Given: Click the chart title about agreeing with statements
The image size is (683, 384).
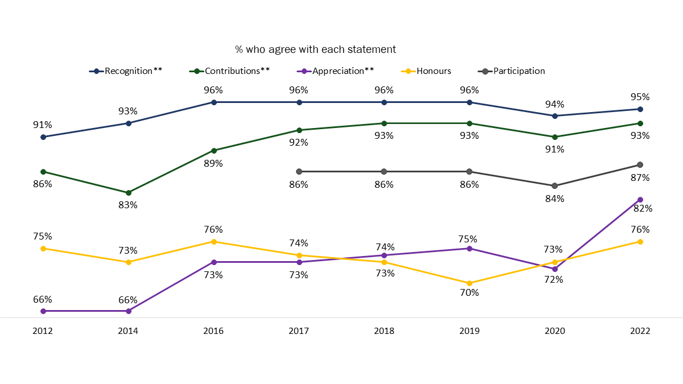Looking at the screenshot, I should pos(315,49).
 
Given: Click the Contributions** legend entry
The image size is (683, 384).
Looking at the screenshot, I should pos(237,71).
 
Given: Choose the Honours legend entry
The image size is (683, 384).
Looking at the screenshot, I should pos(434,71).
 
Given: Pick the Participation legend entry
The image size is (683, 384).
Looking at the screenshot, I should pos(519,71).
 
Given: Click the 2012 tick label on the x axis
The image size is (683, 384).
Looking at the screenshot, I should pos(43,331).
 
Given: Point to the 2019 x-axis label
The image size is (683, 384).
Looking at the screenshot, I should pos(469,331).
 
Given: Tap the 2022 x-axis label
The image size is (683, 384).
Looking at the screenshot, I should pos(640,331).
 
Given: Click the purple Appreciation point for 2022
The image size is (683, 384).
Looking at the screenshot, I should pos(640,200).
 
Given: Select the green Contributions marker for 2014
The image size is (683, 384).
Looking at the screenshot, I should pos(128,193).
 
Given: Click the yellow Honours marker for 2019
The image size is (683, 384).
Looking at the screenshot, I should pos(469,283).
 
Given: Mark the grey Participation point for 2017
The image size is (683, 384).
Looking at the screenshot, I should pos(299,171).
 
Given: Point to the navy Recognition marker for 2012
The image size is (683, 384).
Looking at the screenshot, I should pos(43,137).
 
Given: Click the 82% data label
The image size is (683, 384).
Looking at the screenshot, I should pos(643,208).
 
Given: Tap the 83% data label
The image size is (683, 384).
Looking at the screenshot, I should pos(128,205).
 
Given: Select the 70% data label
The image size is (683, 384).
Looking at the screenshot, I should pos(469,293).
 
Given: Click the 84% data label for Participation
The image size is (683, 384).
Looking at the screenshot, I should pos(554,199).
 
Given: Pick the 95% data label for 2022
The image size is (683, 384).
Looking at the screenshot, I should pos(640,97).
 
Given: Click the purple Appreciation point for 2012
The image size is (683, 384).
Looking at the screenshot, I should pos(43,311).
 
